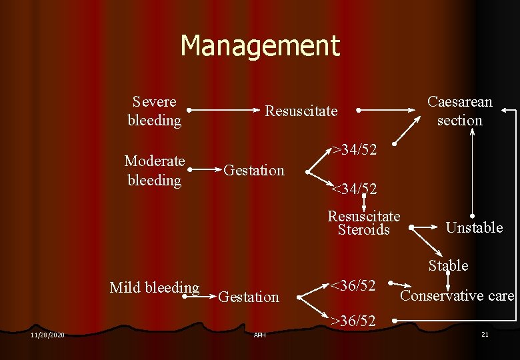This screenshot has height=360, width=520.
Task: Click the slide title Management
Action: click(x=260, y=46)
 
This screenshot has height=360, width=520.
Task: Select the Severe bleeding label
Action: click(x=155, y=111)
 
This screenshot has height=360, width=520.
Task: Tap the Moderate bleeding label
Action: click(x=155, y=171)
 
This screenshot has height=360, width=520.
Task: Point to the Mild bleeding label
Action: click(x=154, y=288)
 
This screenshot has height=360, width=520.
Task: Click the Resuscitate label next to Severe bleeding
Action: click(x=301, y=111)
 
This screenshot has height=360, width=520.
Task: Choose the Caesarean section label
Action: click(x=459, y=111)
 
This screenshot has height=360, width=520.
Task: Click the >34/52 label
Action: click(x=355, y=149)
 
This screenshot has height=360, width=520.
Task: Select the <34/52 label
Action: click(x=355, y=189)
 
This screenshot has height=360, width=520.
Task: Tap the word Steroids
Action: click(x=363, y=230)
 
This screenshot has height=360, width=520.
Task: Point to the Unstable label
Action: click(x=474, y=228)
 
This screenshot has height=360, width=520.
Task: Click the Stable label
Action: click(x=448, y=265)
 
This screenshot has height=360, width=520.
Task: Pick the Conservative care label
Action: click(x=457, y=295)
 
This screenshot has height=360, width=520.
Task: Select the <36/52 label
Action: click(x=353, y=286)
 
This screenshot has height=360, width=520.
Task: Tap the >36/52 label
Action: click(x=353, y=321)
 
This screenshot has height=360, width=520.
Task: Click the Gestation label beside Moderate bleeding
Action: click(x=253, y=170)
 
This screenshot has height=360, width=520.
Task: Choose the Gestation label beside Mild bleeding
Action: click(x=249, y=297)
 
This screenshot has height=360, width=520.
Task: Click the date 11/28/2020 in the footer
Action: click(x=47, y=334)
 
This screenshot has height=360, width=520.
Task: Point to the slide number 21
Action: click(x=485, y=333)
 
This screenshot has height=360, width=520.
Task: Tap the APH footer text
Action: click(x=259, y=335)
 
